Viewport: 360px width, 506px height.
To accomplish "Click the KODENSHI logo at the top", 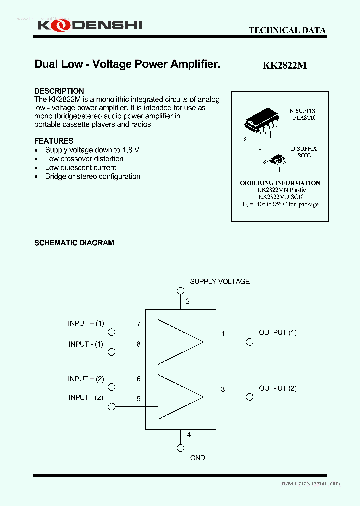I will [90, 25].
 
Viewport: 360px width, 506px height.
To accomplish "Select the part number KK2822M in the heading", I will [284, 65].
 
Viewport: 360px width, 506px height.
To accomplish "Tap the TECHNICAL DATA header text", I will [287, 30].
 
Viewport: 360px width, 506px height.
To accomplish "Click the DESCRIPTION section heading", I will [59, 91].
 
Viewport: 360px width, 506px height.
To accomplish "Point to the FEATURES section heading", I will [54, 141].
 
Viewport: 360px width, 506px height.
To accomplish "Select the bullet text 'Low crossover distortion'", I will [84, 159].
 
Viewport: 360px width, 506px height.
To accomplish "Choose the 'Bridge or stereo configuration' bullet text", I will [93, 177].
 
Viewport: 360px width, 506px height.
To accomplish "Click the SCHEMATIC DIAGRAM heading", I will [74, 243].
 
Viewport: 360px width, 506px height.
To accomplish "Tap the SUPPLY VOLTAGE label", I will [220, 281].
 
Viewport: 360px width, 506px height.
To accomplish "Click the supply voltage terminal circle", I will [180, 291].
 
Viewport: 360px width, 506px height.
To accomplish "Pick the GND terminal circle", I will [180, 448].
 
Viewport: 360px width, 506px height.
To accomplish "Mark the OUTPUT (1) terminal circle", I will [249, 342].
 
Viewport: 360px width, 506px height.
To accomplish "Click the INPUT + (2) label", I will [86, 379].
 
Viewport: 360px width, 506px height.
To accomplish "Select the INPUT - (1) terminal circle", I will [112, 352].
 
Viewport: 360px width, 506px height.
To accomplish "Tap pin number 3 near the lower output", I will [223, 389].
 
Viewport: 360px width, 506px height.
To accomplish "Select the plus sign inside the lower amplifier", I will [163, 384].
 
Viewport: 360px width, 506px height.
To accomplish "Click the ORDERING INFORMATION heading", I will [280, 183].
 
